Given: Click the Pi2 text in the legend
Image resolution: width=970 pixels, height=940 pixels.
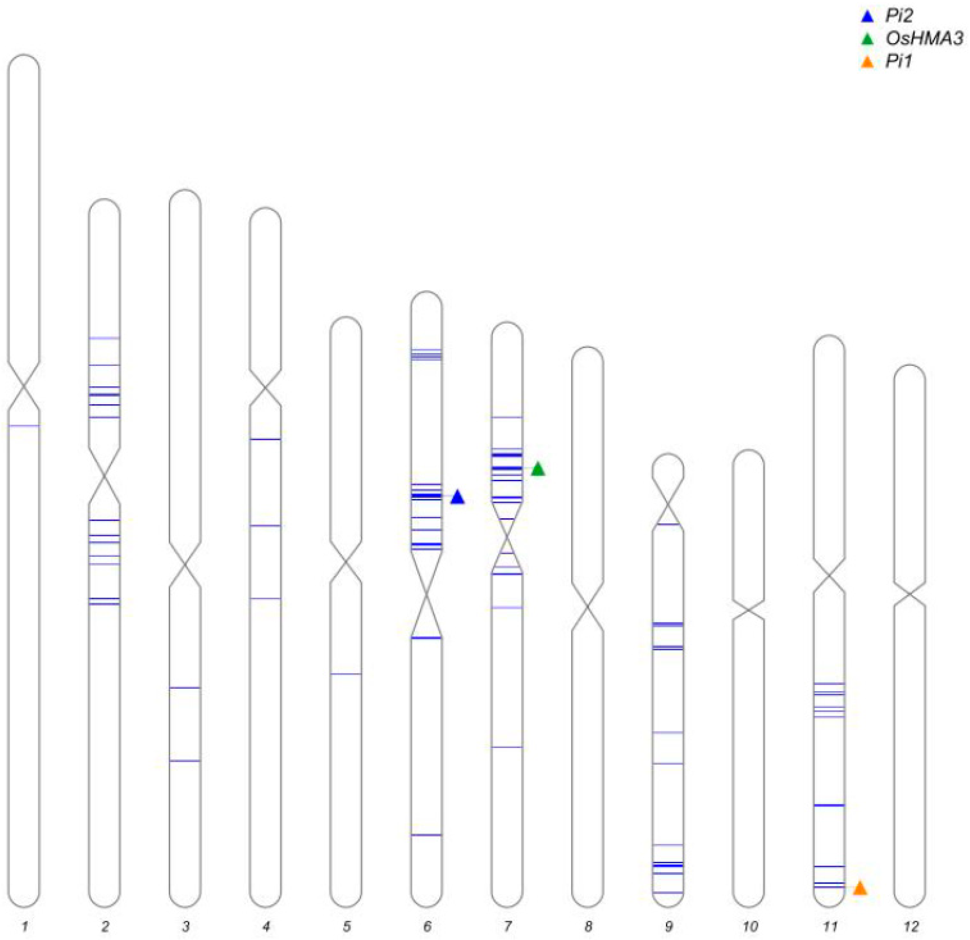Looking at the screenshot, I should click(899, 16).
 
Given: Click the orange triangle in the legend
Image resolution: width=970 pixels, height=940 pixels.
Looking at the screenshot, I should click(867, 62).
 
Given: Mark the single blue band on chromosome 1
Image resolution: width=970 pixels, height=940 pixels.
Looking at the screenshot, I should click(24, 426).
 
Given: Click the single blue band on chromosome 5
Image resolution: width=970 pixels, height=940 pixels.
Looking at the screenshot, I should click(346, 674).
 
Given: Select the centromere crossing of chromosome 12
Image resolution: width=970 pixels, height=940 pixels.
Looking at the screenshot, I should click(910, 594).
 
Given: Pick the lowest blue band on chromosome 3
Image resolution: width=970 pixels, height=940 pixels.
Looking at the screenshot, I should click(185, 760).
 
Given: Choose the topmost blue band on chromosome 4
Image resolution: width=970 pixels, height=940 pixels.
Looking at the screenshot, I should click(266, 439).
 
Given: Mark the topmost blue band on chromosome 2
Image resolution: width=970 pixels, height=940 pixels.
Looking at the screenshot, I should click(104, 338).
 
